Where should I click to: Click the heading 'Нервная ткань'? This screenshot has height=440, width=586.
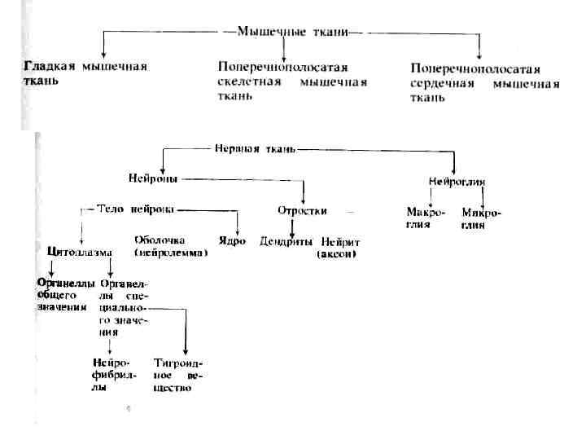point(255,150)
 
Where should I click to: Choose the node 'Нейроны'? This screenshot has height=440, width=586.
point(152,178)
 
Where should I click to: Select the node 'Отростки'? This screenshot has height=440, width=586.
point(302,210)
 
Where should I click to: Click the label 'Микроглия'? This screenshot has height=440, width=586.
point(481,218)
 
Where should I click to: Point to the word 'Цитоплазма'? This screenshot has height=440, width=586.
point(81,252)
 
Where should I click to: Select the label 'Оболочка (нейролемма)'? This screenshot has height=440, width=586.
point(170,246)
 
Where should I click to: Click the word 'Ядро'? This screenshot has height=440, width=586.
point(232,241)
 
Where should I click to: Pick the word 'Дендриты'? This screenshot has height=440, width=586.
point(286,242)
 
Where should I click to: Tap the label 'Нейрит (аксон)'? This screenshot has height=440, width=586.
point(339,248)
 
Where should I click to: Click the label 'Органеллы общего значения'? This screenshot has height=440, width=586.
point(61,295)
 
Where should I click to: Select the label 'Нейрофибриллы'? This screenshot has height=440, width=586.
point(112,375)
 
